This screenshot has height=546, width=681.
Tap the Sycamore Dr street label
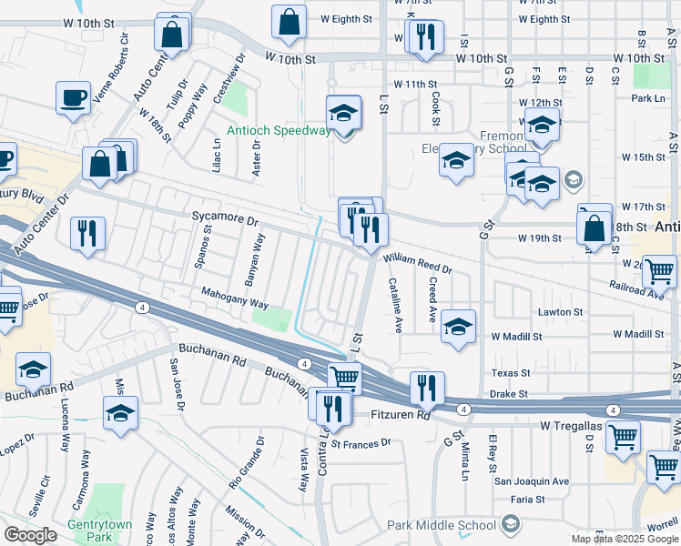click(x=225, y=220)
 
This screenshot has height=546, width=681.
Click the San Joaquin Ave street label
click(x=532, y=480)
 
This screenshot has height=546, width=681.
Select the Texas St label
click(x=510, y=373)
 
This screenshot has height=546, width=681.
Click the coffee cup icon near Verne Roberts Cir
click(x=73, y=96)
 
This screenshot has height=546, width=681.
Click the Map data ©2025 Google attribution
click(x=624, y=539)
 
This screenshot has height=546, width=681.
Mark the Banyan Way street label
click(x=258, y=255)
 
